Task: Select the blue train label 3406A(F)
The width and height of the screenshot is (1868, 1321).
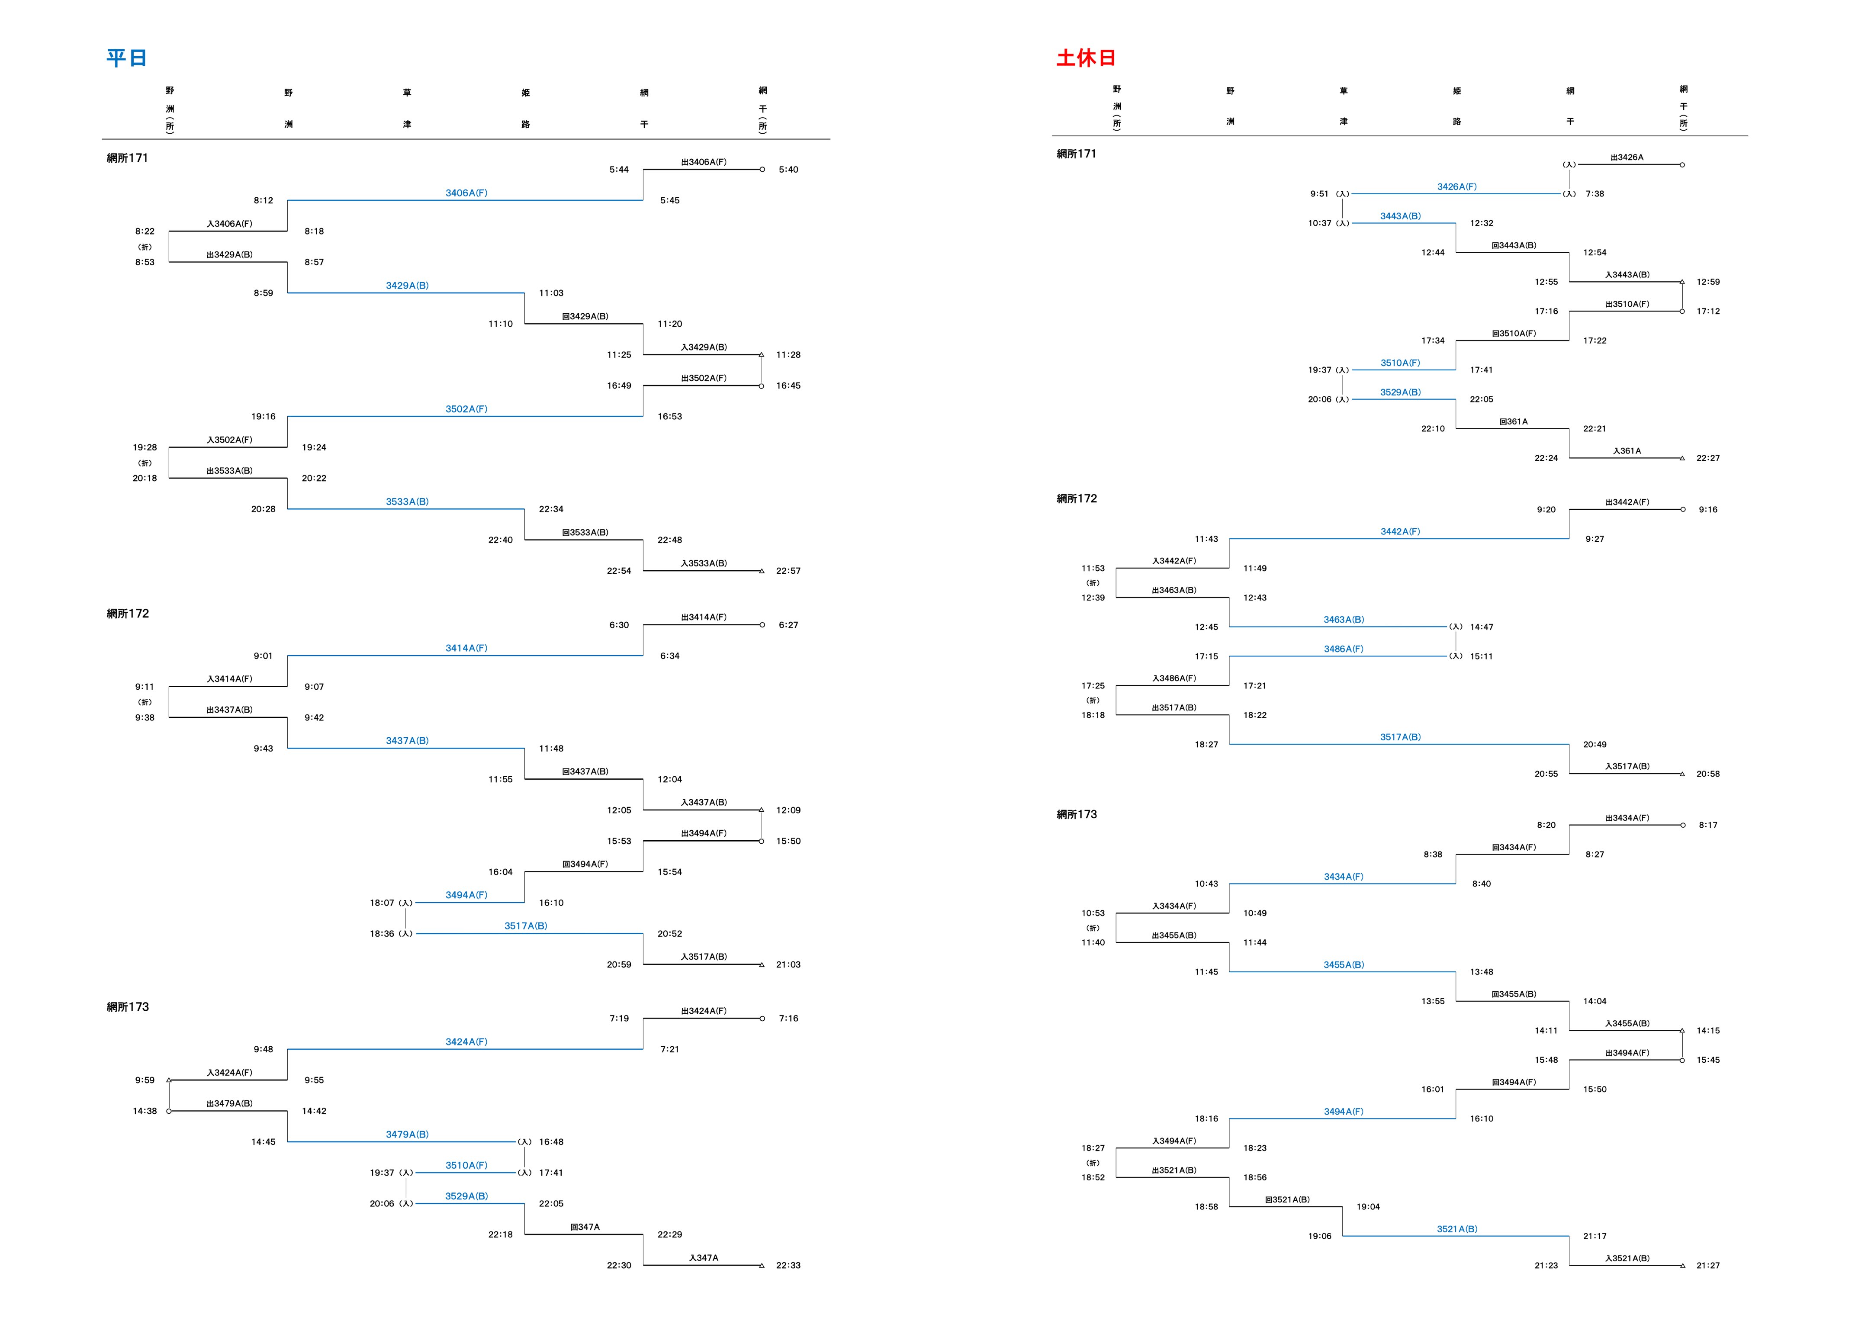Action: click(x=466, y=193)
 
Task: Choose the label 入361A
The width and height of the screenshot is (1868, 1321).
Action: click(x=1627, y=450)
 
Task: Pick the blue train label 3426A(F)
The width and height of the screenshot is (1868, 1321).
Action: click(x=1456, y=187)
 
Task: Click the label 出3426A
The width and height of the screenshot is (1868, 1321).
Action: click(x=1627, y=157)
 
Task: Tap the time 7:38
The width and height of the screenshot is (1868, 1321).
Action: click(x=1595, y=193)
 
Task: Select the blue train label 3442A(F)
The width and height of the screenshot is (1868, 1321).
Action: click(x=1399, y=531)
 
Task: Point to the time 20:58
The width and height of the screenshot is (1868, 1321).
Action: click(x=1708, y=774)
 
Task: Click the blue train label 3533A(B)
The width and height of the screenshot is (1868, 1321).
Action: click(x=407, y=502)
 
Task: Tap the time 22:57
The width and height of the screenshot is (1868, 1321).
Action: click(x=788, y=571)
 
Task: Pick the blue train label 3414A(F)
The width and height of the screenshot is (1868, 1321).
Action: click(x=466, y=648)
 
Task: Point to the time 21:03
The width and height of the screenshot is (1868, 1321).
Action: click(x=788, y=965)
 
